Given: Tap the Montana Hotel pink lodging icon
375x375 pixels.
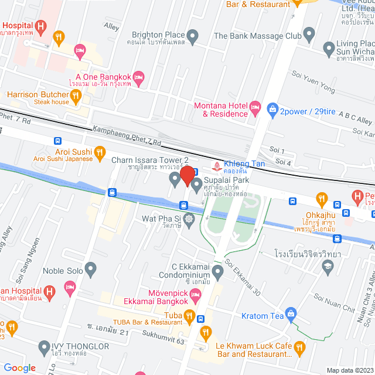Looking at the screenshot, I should (x=255, y=107).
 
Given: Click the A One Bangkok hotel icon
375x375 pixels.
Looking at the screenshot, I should (x=139, y=77).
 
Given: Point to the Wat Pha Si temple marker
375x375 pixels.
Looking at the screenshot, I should (x=189, y=220).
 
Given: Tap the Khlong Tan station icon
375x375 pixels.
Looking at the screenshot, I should (x=216, y=166).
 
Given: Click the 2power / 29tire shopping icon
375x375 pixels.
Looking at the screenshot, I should (x=272, y=108).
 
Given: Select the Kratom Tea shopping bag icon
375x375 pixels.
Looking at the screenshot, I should (x=290, y=316).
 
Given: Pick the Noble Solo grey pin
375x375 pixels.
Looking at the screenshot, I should (x=90, y=270).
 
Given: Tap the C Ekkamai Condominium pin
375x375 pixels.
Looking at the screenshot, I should (x=217, y=271).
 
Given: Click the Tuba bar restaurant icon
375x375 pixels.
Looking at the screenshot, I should (x=189, y=317).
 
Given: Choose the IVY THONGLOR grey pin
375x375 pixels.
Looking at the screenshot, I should (x=44, y=348).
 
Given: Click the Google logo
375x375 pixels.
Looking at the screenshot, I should (x=19, y=368).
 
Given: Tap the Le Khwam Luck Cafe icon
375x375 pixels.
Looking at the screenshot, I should (x=299, y=349).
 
